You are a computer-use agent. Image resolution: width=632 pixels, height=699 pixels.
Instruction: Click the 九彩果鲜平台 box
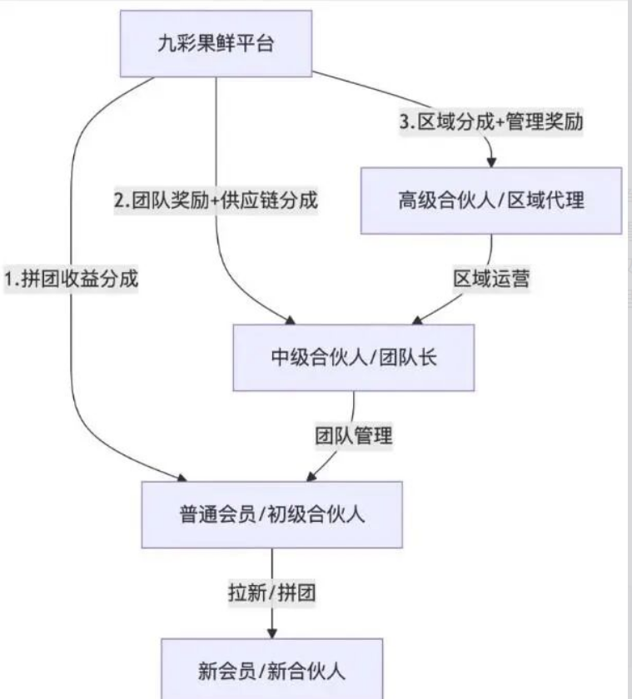pyautogui.click(x=216, y=44)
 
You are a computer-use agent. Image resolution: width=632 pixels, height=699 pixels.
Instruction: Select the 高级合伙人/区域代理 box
pyautogui.click(x=490, y=201)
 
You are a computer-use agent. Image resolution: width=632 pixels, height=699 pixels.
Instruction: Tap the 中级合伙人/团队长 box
pyautogui.click(x=353, y=358)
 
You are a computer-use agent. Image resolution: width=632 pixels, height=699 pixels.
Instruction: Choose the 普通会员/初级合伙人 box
pyautogui.click(x=271, y=514)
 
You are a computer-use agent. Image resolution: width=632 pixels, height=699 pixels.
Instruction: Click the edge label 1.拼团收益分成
pyautogui.click(x=71, y=280)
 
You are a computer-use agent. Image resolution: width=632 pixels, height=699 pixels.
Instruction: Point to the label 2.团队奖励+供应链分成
pyautogui.click(x=216, y=201)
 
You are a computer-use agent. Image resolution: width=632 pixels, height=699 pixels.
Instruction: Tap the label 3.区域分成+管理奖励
pyautogui.click(x=491, y=121)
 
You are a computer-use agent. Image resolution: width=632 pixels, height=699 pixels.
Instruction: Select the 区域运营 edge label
pyautogui.click(x=491, y=279)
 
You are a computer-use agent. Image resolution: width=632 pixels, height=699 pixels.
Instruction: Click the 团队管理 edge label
pyautogui.click(x=353, y=435)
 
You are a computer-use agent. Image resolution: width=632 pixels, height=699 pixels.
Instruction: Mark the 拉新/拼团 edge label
pyautogui.click(x=271, y=593)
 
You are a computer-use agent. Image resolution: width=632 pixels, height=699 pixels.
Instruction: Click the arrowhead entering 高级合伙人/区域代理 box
pyautogui.click(x=491, y=161)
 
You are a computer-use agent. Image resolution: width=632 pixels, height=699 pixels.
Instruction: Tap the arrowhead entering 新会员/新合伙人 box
pyautogui.click(x=271, y=632)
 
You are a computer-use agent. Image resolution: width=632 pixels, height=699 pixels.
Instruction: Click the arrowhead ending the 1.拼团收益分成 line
pyautogui.click(x=181, y=477)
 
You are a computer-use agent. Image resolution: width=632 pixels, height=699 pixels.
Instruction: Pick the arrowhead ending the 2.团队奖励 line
pyautogui.click(x=291, y=319)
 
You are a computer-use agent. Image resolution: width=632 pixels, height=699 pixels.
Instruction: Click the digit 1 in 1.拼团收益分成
pyautogui.click(x=10, y=280)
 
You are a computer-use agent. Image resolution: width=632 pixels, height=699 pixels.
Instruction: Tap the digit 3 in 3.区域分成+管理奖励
pyautogui.click(x=406, y=121)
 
